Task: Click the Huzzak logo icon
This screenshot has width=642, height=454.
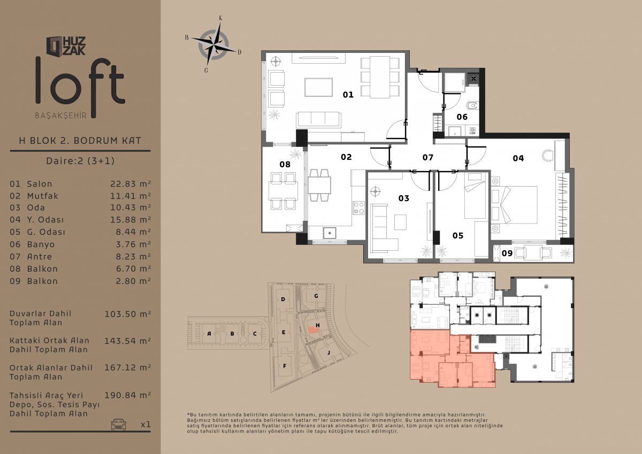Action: [x=55, y=46]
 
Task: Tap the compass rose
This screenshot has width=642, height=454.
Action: [x=213, y=45]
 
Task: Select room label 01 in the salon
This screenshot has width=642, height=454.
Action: [x=348, y=95]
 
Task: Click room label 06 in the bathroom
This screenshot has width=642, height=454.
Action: [x=462, y=117]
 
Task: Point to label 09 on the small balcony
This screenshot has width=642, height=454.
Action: [x=507, y=253]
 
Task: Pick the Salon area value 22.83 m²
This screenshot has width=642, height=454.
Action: [x=131, y=183]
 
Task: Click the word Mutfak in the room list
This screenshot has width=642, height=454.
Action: [x=42, y=196]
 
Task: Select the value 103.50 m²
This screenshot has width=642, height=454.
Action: [x=127, y=314]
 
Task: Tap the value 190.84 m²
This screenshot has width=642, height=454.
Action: [x=127, y=395]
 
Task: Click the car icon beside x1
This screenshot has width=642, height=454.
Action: [x=118, y=425]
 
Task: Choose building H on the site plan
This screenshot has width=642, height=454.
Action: [x=318, y=325]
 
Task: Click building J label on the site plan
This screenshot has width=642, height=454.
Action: [x=328, y=352]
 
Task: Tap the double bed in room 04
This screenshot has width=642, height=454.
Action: [x=514, y=205]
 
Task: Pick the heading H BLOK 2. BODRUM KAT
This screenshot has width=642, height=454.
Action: [x=80, y=141]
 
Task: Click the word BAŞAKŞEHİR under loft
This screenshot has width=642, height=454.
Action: [x=61, y=116]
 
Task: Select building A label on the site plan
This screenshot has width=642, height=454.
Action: [x=209, y=334]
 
